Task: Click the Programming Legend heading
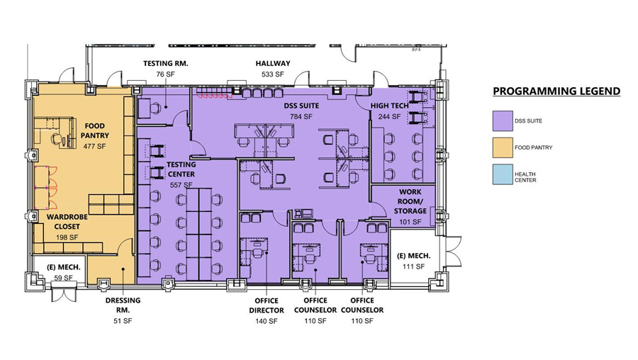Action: click(556, 91)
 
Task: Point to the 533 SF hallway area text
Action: click(273, 74)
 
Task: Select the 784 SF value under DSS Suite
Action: click(301, 116)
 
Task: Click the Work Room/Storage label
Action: click(412, 201)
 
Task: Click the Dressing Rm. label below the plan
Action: click(123, 305)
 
